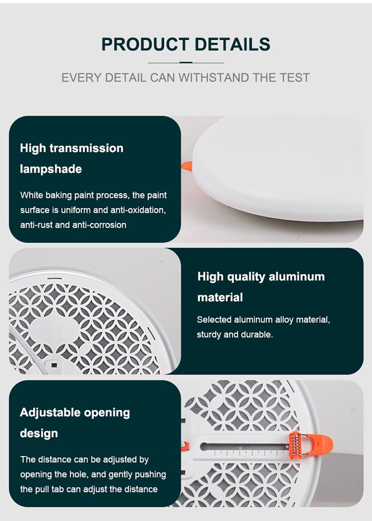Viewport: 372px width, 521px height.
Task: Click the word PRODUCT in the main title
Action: click(145, 44)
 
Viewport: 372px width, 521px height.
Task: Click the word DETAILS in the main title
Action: click(232, 44)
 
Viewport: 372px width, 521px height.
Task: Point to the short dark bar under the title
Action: click(186, 63)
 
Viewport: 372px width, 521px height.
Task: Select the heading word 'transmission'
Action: click(86, 148)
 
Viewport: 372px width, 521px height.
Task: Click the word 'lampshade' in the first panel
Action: click(51, 169)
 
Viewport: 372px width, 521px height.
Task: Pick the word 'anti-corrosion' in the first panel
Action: click(99, 225)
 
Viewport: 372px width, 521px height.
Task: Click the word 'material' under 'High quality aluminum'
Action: click(220, 297)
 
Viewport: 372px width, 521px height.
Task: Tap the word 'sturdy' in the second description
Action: click(209, 334)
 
